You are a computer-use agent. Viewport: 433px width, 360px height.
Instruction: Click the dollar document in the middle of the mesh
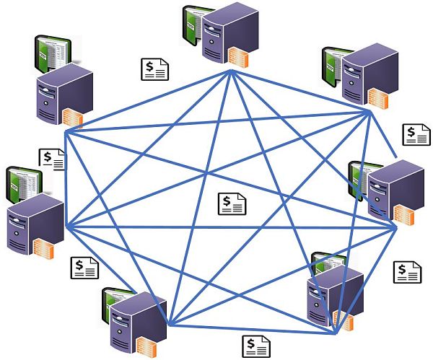pos(232,203)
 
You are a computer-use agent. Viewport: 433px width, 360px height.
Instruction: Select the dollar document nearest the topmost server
pos(154,69)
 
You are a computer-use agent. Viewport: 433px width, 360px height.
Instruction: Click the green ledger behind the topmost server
pos(192,25)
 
